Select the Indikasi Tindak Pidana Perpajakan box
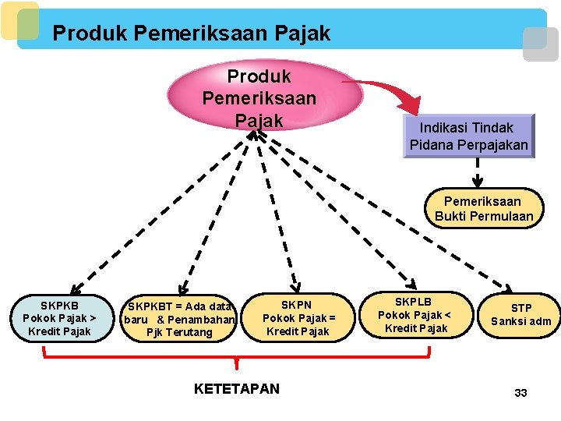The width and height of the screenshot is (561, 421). click(469, 136)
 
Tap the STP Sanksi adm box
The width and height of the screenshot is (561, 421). click(521, 315)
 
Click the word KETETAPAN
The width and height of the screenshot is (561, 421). click(236, 388)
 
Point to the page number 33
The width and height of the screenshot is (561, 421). click(520, 393)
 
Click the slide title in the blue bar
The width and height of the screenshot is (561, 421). click(192, 34)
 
